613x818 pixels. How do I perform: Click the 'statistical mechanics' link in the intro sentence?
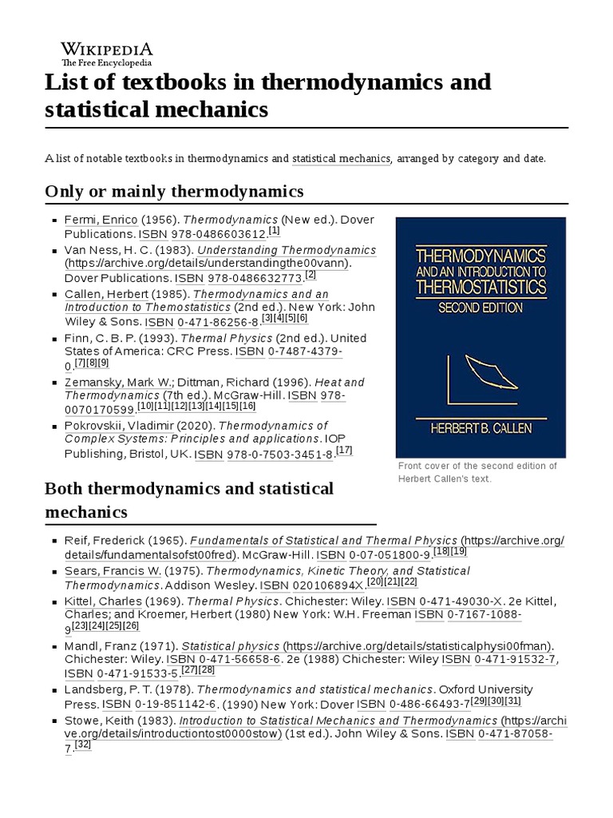[341, 158]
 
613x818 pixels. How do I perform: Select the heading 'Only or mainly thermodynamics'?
[174, 191]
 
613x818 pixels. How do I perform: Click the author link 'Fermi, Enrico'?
[101, 219]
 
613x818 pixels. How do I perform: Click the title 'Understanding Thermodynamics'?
[287, 250]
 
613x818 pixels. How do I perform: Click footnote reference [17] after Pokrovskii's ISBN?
[344, 451]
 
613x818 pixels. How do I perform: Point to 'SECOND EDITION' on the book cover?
[480, 307]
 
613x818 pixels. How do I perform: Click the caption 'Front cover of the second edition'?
[477, 466]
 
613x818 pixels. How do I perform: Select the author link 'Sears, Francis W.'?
[113, 571]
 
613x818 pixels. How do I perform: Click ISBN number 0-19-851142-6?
[176, 705]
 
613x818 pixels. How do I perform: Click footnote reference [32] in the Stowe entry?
[83, 745]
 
